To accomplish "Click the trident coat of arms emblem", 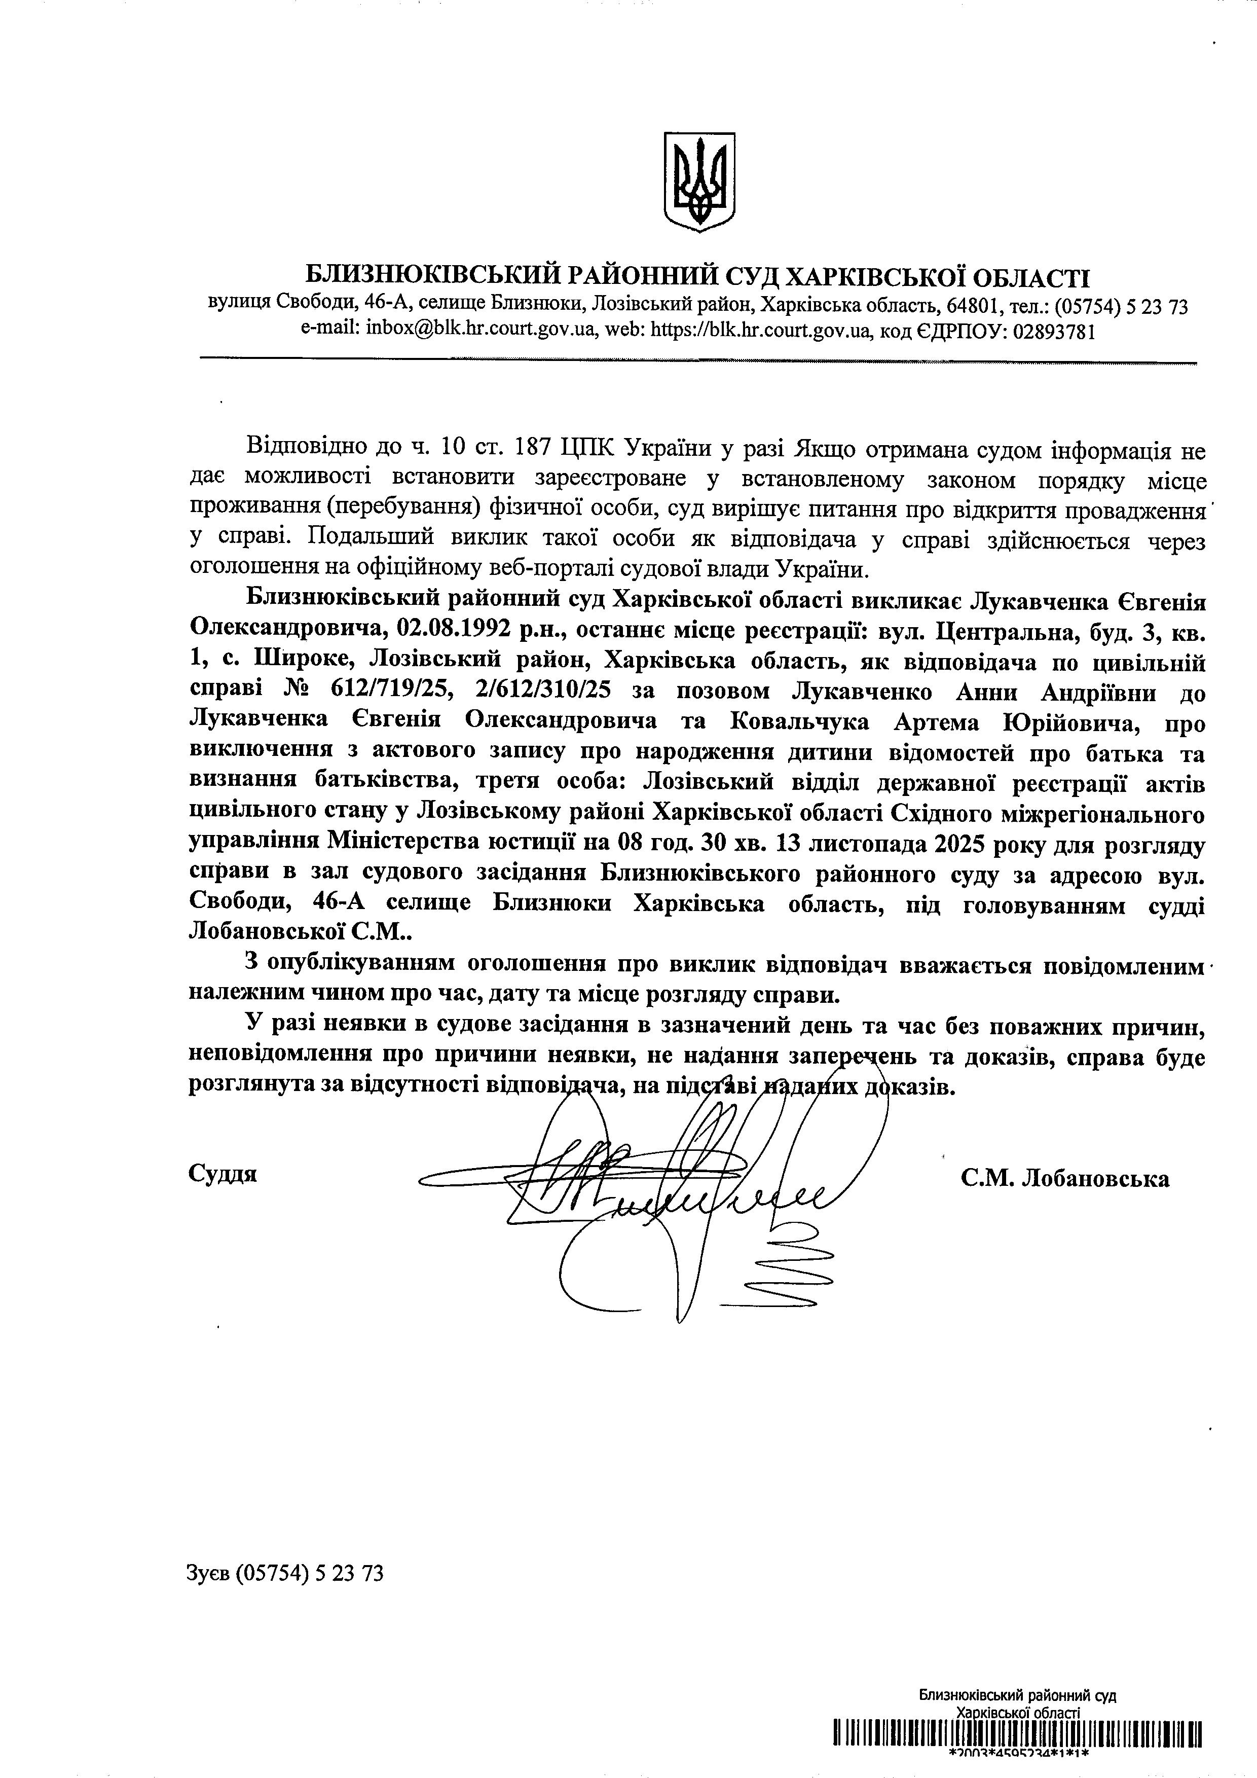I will click(x=699, y=181).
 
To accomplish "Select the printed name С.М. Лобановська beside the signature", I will click(x=1065, y=1179).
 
